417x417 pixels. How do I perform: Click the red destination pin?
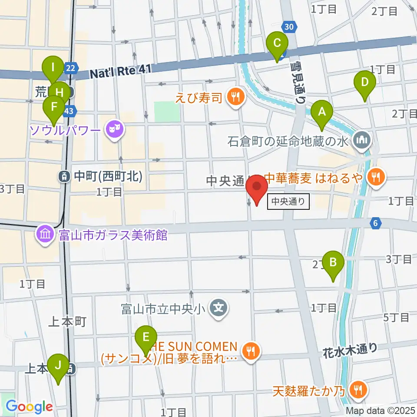click(256, 189)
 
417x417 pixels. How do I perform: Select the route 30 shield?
click(290, 27)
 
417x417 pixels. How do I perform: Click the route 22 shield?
click(71, 67)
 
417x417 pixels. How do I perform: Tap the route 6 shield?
click(376, 224)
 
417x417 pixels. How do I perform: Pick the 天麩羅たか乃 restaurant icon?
click(358, 390)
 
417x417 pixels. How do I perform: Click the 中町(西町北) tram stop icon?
click(64, 176)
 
